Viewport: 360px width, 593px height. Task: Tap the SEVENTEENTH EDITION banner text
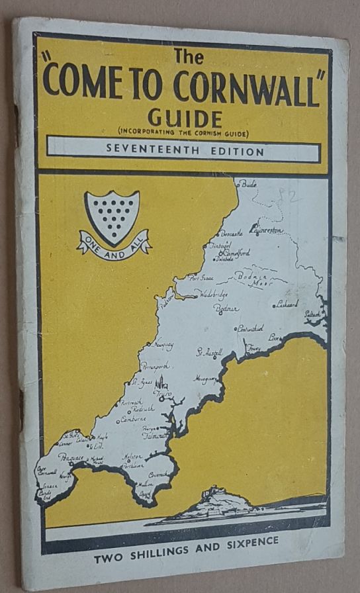pyautogui.click(x=185, y=152)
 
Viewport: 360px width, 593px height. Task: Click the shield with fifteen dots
pyautogui.click(x=112, y=216)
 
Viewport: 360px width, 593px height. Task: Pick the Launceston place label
pyautogui.click(x=267, y=229)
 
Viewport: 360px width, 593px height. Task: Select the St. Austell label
pyautogui.click(x=209, y=353)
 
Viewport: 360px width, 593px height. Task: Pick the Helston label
pyautogui.click(x=133, y=457)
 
